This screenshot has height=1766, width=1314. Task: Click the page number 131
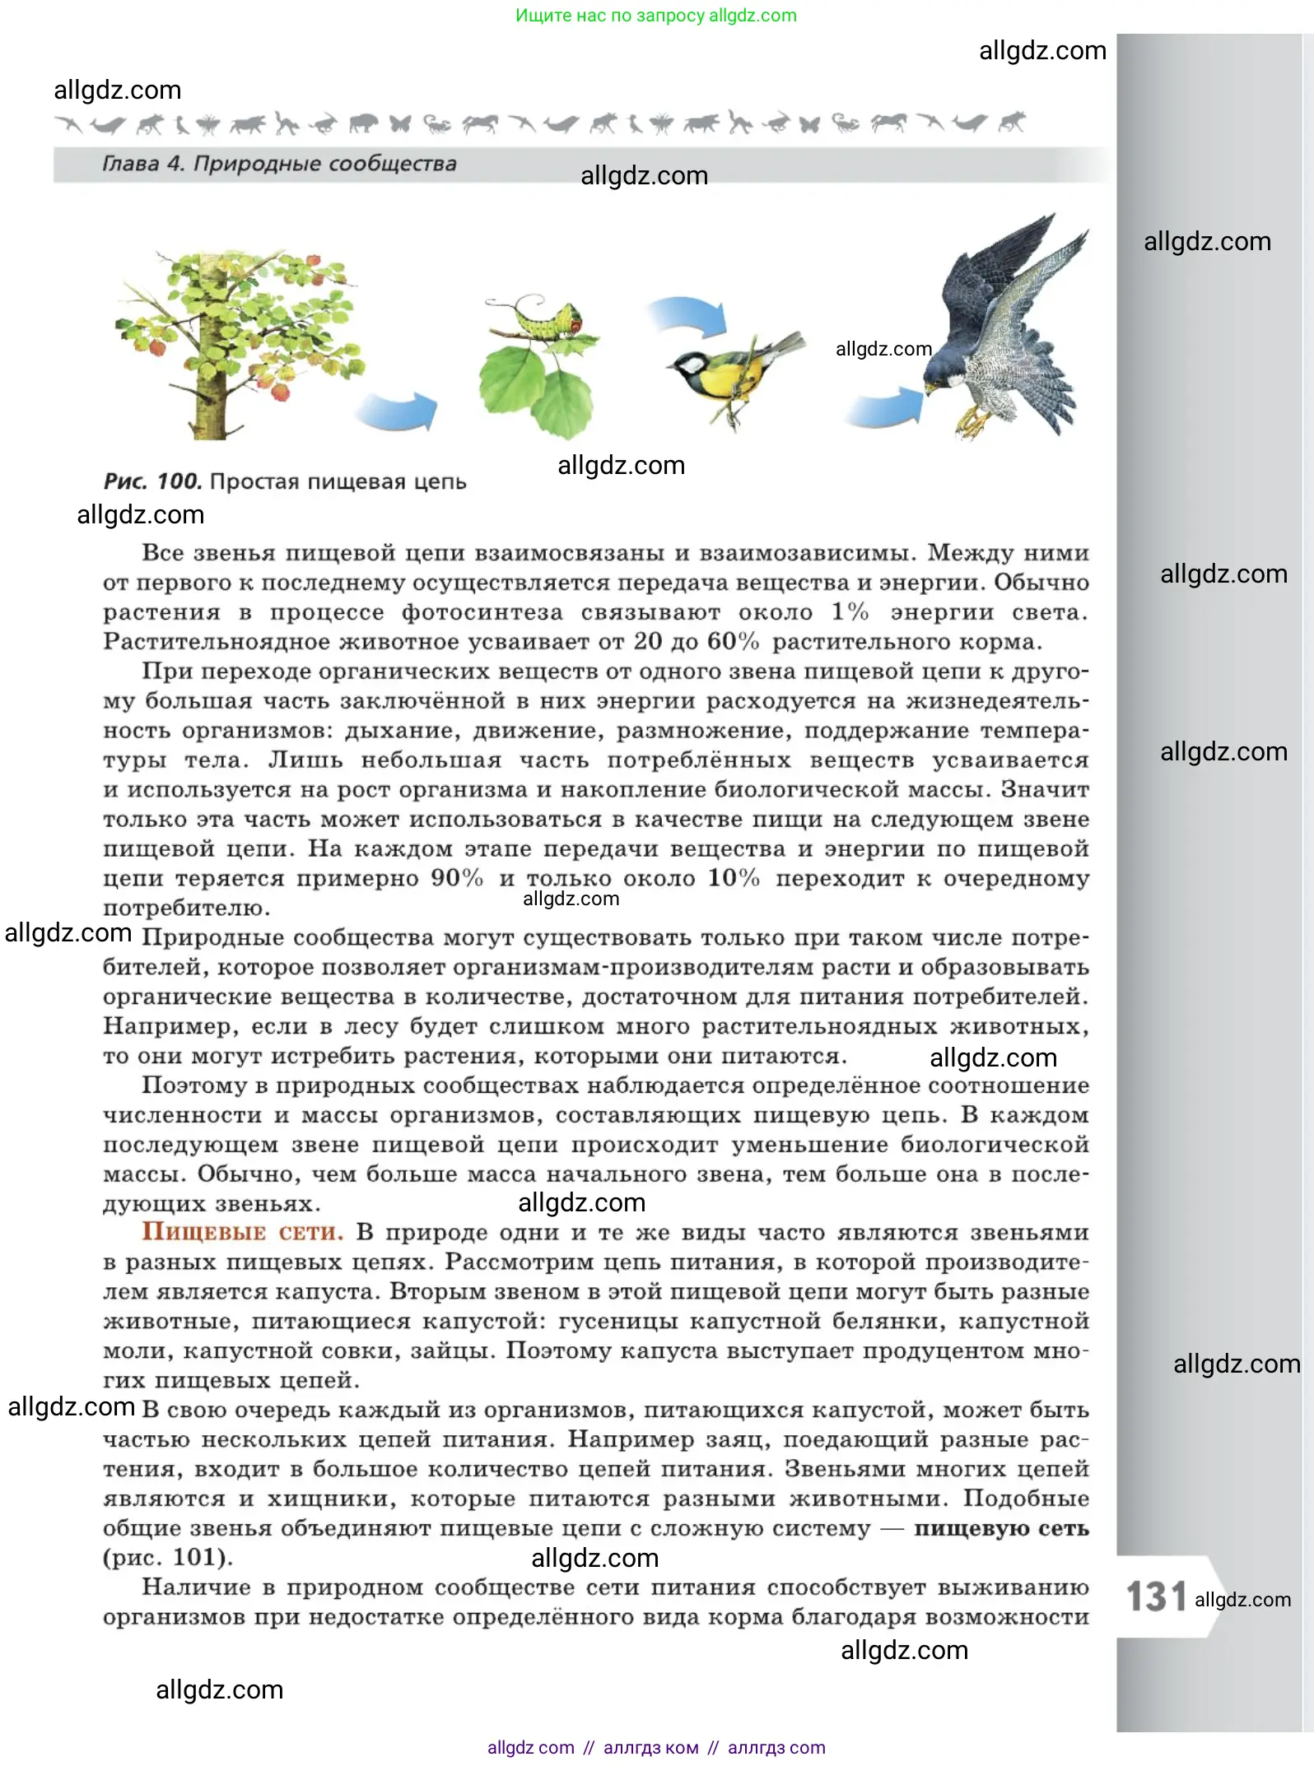[x=1156, y=1596]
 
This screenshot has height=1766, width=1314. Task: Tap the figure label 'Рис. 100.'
[x=153, y=481]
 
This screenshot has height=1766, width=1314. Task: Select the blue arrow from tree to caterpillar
[x=398, y=411]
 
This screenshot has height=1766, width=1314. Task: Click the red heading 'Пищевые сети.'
[x=242, y=1232]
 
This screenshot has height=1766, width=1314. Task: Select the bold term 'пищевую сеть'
[x=1001, y=1528]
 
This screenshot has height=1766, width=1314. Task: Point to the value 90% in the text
[x=457, y=878]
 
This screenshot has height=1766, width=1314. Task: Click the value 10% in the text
[x=734, y=878]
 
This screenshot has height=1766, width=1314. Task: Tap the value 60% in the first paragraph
[x=733, y=641]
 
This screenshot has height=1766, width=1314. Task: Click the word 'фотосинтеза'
[x=482, y=612]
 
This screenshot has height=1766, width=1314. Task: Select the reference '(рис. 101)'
[x=168, y=1558]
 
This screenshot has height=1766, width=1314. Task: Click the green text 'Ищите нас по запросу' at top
[x=610, y=16]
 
